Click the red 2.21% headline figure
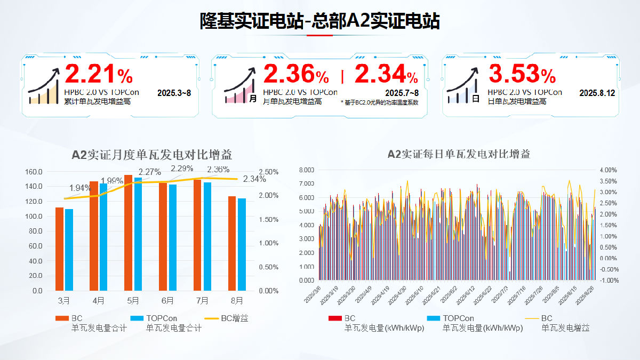98,75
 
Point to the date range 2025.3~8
174,93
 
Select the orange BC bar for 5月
128,233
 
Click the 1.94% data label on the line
80,188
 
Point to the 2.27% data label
149,172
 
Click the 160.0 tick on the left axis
34,172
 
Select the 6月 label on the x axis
167,301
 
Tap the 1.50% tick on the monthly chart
268,219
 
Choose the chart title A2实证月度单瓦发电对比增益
152,155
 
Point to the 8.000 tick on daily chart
307,170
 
